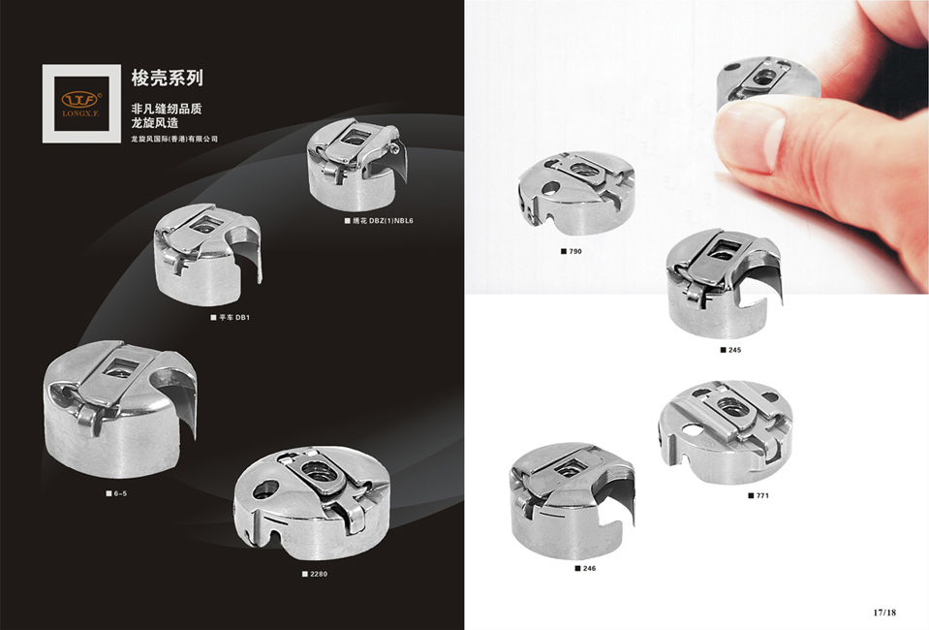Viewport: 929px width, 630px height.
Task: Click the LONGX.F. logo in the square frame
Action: pyautogui.click(x=81, y=103)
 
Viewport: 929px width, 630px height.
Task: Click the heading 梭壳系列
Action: pyautogui.click(x=167, y=78)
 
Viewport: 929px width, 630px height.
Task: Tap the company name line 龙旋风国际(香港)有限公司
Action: pyautogui.click(x=174, y=140)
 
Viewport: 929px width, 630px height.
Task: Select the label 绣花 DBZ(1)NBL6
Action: pyautogui.click(x=379, y=221)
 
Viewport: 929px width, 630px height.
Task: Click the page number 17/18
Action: pyautogui.click(x=884, y=613)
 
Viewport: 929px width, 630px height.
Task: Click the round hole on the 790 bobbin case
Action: pyautogui.click(x=551, y=189)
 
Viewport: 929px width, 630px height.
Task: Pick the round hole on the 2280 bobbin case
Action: pyautogui.click(x=265, y=488)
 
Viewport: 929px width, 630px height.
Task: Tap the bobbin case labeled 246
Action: pyautogui.click(x=572, y=501)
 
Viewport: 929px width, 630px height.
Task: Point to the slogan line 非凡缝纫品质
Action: pyautogui.click(x=167, y=109)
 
